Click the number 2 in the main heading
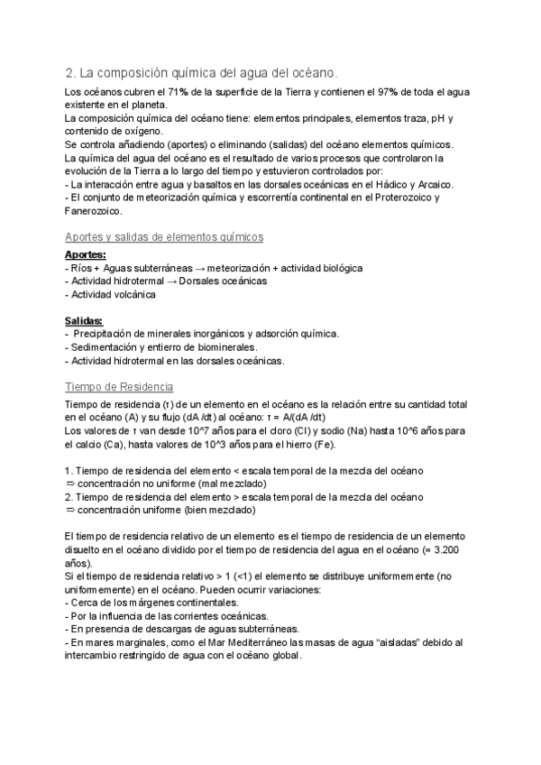point(70,72)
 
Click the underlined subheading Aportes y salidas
point(163,236)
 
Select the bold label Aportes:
point(86,255)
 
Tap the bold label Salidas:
point(84,321)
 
